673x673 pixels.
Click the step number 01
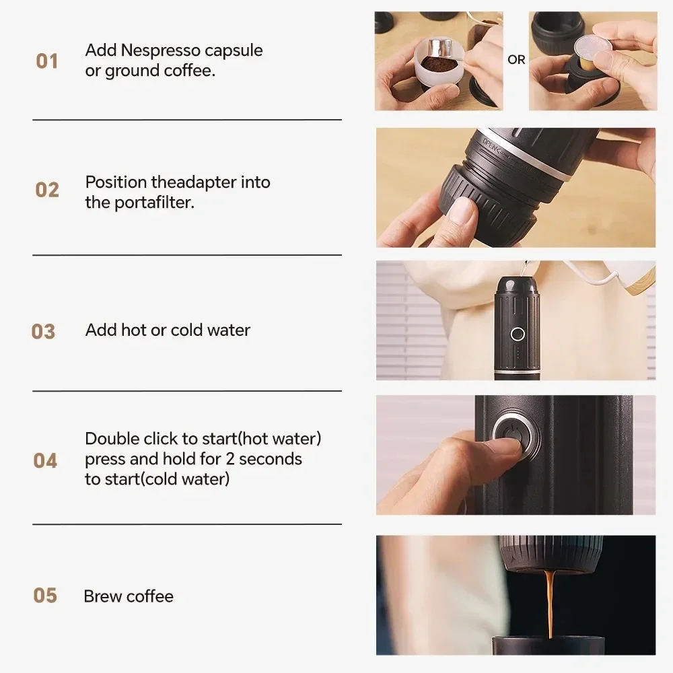tap(47, 61)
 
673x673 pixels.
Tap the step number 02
tap(47, 190)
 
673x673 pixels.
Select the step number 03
tap(44, 331)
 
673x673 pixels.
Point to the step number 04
tap(45, 460)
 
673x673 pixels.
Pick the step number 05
tap(45, 596)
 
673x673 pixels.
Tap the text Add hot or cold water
tap(168, 330)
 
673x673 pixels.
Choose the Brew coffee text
tap(129, 596)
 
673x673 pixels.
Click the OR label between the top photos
tap(516, 60)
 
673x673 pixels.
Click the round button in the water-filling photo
tap(517, 333)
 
